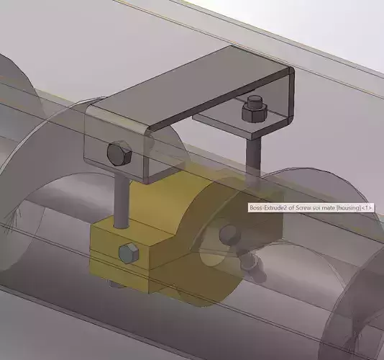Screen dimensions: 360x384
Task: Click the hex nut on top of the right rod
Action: pos(252,112)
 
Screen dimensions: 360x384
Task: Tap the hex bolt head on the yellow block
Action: pos(129,253)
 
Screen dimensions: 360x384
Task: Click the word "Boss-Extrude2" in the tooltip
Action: pos(266,208)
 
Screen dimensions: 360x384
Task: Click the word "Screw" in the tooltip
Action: pos(301,208)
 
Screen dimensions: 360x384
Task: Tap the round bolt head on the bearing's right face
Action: pos(230,233)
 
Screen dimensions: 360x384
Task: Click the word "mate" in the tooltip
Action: pos(328,208)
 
